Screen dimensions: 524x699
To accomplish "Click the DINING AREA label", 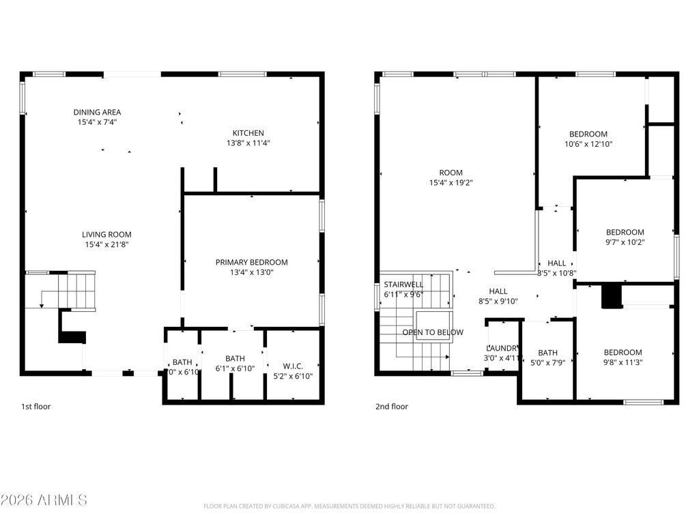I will click(x=98, y=113).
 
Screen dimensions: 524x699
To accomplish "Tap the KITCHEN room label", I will click(x=248, y=133).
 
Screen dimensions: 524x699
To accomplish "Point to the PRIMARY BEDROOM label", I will click(x=251, y=262).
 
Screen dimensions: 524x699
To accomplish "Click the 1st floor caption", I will click(x=35, y=407).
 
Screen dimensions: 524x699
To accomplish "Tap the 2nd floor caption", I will click(x=392, y=407).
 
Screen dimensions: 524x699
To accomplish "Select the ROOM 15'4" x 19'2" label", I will click(x=451, y=173).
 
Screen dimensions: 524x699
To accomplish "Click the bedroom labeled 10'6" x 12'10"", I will click(x=588, y=134).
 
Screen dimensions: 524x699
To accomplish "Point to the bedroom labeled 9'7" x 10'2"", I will click(x=625, y=233).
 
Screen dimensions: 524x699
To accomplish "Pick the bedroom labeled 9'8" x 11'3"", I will click(x=623, y=353).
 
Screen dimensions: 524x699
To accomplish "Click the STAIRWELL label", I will click(x=403, y=285).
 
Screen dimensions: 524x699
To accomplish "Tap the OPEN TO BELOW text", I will click(x=433, y=332).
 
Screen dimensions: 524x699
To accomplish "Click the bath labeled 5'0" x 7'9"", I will click(x=547, y=353).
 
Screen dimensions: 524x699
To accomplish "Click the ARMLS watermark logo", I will click(x=44, y=500).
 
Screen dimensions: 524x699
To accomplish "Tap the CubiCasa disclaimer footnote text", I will click(x=349, y=506).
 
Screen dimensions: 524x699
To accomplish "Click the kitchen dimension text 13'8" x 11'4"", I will click(x=248, y=143).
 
